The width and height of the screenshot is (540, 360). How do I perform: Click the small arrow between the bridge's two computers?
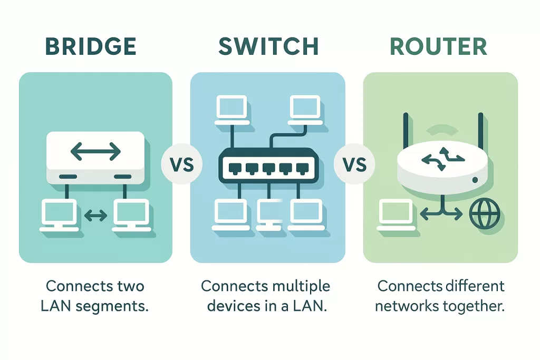95,215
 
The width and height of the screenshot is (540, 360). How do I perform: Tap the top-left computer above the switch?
230,109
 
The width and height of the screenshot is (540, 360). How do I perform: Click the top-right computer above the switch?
305,109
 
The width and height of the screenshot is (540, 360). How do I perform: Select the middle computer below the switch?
269,215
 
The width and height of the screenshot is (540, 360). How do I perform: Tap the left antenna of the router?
405,132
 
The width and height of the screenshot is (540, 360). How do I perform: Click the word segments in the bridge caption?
112,306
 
